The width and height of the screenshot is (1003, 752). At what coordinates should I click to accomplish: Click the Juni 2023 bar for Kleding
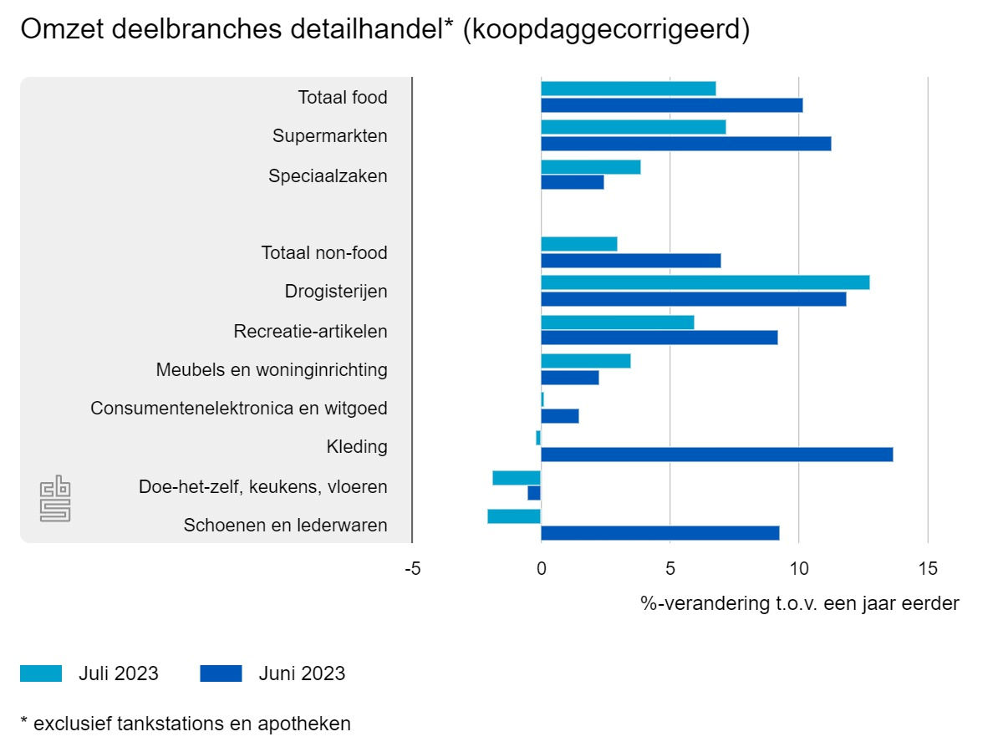[x=716, y=455]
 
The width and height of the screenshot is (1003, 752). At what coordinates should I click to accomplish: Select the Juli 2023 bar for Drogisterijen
[x=705, y=282]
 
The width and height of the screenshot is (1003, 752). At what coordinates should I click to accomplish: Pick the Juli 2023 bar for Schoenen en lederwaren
[x=514, y=516]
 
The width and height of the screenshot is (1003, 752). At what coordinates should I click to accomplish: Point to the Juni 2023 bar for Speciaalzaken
[x=572, y=182]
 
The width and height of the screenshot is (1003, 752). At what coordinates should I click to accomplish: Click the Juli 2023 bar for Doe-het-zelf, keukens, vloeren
[x=517, y=478]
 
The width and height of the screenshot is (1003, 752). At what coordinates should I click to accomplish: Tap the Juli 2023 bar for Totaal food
[x=628, y=89]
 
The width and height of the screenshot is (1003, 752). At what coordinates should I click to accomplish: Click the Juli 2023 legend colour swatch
[x=41, y=673]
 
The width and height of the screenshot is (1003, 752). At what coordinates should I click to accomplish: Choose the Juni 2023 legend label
[x=301, y=673]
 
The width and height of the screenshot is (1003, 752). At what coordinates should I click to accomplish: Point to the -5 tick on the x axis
[x=412, y=570]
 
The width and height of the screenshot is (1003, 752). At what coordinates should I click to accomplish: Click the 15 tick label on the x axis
[x=927, y=570]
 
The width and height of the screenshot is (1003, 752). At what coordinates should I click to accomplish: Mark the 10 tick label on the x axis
[x=798, y=570]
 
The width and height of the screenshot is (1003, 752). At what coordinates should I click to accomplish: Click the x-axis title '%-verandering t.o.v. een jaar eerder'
[x=799, y=603]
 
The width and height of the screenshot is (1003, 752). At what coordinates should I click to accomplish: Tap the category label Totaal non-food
[x=324, y=252]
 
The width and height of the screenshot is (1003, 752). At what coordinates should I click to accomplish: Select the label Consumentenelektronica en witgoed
[x=239, y=409]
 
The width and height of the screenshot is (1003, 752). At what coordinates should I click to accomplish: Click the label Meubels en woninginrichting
[x=272, y=369]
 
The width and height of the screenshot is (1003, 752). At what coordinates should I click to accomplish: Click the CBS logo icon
[x=55, y=500]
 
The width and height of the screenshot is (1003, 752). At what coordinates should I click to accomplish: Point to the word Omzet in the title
[x=59, y=29]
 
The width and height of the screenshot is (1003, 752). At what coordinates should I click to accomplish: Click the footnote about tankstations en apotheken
[x=186, y=724]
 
